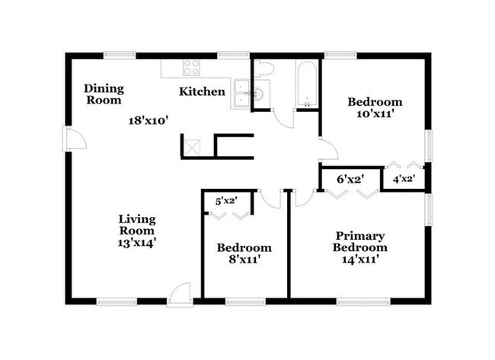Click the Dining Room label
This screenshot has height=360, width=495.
104,94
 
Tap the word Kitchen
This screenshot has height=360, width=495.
202,92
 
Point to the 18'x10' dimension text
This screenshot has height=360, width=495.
148,119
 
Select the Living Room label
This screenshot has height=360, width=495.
137,225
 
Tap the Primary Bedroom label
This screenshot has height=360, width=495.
359,241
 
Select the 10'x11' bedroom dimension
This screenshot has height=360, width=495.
375,115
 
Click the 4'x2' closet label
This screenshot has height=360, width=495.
403,180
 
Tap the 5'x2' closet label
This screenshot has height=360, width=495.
226,201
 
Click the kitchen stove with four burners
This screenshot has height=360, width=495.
191,67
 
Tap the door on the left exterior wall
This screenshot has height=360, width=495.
74,139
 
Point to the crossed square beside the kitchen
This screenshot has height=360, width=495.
193,146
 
